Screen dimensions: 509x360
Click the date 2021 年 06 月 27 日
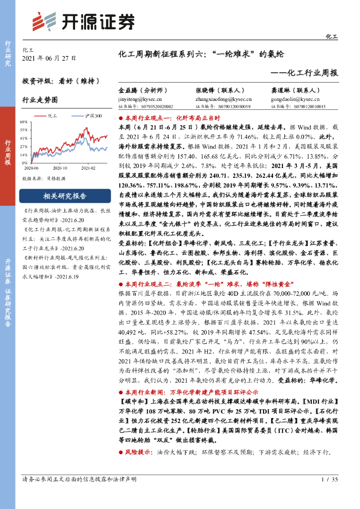click(x=49, y=58)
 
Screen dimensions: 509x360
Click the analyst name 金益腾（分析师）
click(x=143, y=91)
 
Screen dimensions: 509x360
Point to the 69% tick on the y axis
click(x=23, y=122)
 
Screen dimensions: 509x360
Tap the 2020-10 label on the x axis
click(x=60, y=168)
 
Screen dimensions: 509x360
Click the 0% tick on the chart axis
click(x=25, y=163)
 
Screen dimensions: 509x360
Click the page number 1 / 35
click(x=330, y=479)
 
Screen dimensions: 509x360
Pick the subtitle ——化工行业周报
click(x=305, y=73)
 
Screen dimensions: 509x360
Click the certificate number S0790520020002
click(x=145, y=106)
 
